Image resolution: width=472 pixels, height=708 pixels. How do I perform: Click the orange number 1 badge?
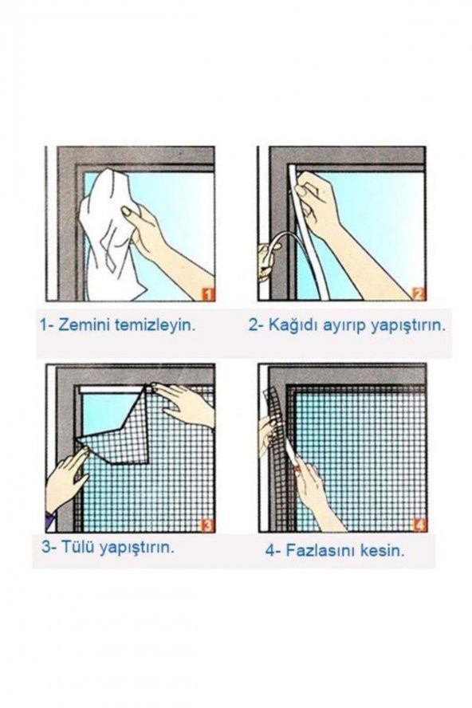pyautogui.click(x=208, y=293)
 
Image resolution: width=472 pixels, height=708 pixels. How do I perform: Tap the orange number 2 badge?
pyautogui.click(x=419, y=293)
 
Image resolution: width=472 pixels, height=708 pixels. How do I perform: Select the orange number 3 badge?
pyautogui.click(x=207, y=525)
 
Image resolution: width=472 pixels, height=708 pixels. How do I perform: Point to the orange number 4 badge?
pyautogui.click(x=419, y=525)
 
